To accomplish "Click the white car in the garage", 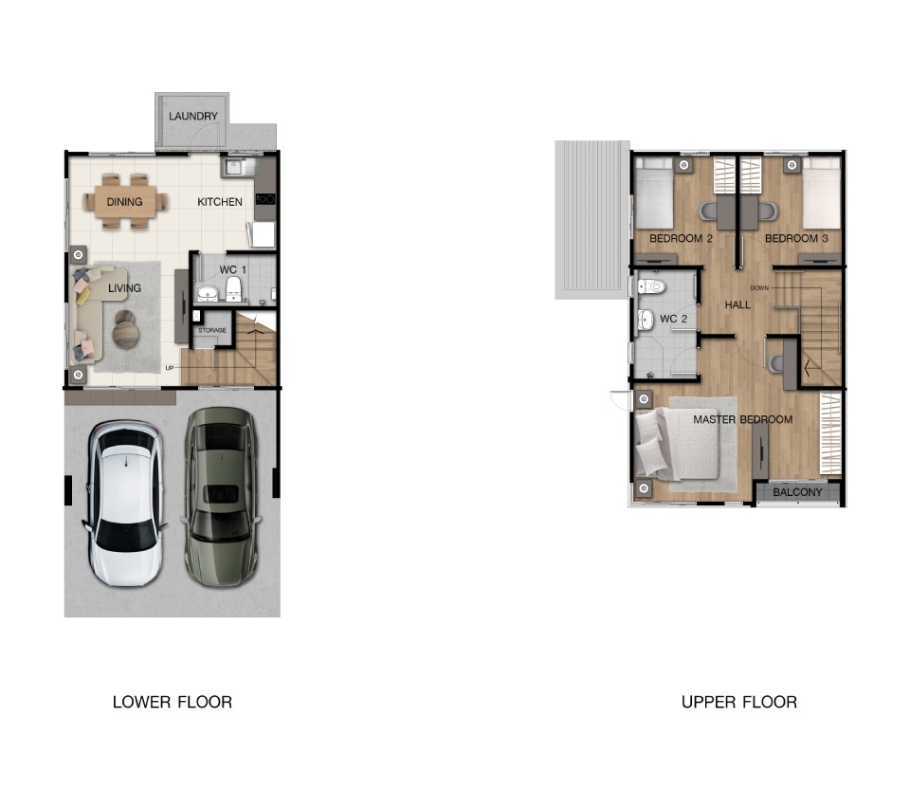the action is [x=124, y=503].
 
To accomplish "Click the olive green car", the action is [x=221, y=497].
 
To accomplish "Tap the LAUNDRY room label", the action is [x=193, y=116].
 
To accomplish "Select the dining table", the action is [x=125, y=201].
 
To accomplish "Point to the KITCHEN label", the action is [x=219, y=201].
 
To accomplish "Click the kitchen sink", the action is [x=236, y=167].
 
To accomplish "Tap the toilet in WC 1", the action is [x=233, y=288].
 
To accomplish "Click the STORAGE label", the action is [x=211, y=330].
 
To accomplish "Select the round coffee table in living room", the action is [x=125, y=329].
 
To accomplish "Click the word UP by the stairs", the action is [x=170, y=368].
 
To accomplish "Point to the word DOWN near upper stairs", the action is [x=759, y=288].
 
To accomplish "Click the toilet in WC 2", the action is [x=650, y=286].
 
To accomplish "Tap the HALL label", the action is [x=737, y=304].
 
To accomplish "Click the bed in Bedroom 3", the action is [x=821, y=193].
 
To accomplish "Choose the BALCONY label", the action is [x=797, y=492].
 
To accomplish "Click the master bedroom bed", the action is [x=676, y=444].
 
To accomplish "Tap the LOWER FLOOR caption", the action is [x=173, y=702].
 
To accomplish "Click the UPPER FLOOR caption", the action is [x=738, y=702].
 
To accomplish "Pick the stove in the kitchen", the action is [x=265, y=199].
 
